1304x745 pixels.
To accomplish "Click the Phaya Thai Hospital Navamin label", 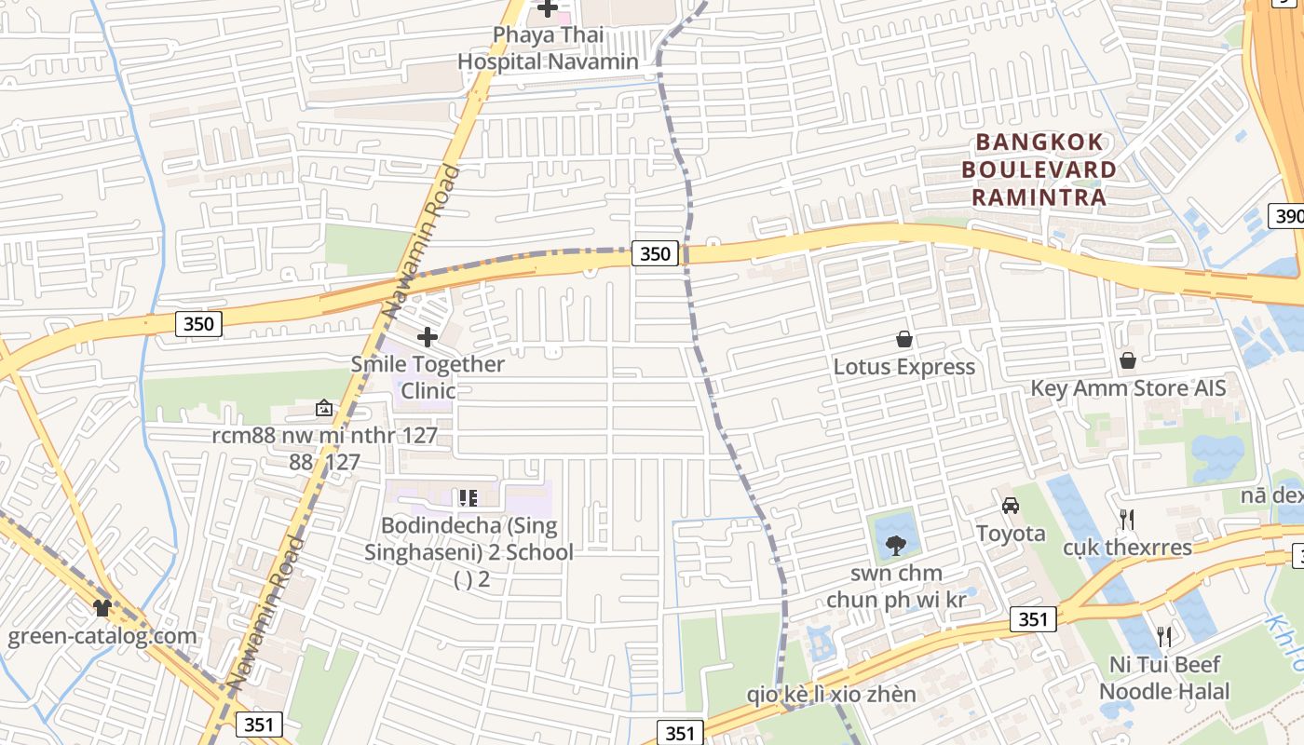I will click(548, 48).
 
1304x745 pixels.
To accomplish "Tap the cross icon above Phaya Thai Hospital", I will click(548, 9).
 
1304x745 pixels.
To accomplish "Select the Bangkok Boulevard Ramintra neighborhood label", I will click(1039, 169).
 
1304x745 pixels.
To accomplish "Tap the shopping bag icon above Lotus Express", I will click(903, 339).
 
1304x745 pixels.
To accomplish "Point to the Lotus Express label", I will click(903, 367).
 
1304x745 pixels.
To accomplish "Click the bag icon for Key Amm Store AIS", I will click(1128, 360).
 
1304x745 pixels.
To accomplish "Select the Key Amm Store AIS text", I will click(1128, 388).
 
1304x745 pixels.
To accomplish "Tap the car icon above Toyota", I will click(1011, 506).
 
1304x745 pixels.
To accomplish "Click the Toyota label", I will click(1011, 534).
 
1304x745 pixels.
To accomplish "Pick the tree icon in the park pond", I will click(896, 545).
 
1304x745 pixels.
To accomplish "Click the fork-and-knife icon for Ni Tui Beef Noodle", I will click(1164, 637).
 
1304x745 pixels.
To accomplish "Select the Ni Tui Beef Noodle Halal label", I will click(1164, 678).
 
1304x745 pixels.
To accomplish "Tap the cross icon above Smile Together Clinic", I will click(428, 336).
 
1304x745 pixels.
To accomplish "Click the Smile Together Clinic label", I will click(428, 376).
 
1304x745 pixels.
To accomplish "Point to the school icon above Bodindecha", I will click(468, 498).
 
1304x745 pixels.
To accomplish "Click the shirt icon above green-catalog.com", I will click(102, 608).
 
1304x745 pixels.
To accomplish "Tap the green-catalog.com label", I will click(102, 637).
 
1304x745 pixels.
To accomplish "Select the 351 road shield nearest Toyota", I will click(1033, 619).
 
